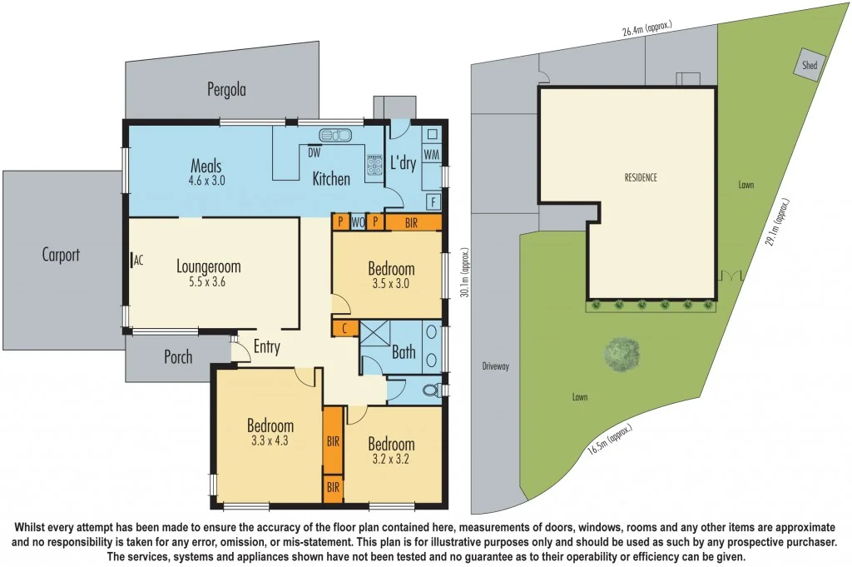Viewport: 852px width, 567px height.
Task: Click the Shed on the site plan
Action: click(809, 66)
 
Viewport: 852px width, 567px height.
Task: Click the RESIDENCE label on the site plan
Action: click(641, 177)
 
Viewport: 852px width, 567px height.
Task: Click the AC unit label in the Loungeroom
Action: click(138, 260)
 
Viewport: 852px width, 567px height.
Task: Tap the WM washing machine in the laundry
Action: click(431, 155)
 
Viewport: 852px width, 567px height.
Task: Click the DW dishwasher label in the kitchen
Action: click(314, 152)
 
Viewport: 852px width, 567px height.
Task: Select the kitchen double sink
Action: click(335, 135)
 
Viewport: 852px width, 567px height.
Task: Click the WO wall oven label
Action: click(357, 222)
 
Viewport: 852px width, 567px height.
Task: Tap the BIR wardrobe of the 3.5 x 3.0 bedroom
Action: click(412, 222)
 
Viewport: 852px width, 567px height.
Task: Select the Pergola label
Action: click(227, 89)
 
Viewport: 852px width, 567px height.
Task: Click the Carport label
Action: click(61, 255)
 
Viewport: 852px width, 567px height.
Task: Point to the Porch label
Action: click(177, 357)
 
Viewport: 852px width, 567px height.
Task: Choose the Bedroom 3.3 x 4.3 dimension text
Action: click(270, 441)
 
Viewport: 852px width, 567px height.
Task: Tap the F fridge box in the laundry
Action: click(433, 201)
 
